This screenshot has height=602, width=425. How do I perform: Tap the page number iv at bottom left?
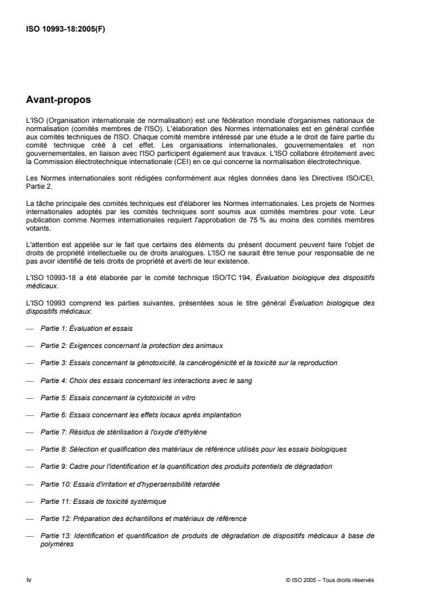point(28,579)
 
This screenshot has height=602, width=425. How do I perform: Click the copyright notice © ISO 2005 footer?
point(330,580)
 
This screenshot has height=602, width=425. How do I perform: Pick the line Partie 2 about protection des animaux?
point(131,344)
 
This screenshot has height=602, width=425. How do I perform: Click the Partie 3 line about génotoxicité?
point(189,362)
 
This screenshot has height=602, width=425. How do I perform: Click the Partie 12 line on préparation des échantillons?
point(143,518)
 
